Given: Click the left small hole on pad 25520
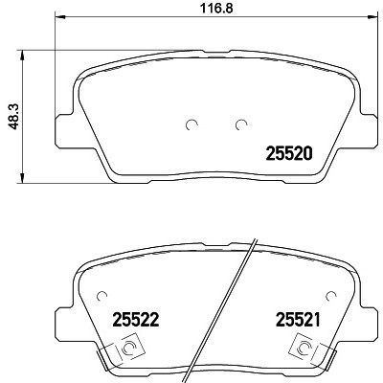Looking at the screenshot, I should (190, 124).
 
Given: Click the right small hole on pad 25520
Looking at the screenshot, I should (240, 124).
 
